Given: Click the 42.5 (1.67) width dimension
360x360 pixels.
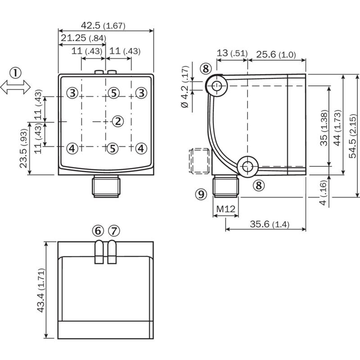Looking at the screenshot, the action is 103,25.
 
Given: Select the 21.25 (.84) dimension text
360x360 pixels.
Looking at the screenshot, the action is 83,38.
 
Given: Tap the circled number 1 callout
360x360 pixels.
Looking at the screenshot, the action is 15,73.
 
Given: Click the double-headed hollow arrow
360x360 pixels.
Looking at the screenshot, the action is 15,87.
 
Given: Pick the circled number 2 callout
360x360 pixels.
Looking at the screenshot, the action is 118,121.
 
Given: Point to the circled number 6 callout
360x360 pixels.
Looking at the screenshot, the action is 98,231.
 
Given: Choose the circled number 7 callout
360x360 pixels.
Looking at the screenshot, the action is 114,231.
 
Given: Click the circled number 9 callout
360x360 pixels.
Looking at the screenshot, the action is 201,194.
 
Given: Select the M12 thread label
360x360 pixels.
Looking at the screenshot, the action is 226,209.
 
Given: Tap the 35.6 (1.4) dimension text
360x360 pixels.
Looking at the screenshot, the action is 270,224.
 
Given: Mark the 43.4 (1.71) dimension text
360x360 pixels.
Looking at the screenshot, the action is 41,290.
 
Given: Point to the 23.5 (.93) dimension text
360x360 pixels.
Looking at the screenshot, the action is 24,148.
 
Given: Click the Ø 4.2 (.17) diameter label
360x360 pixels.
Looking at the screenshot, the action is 185,87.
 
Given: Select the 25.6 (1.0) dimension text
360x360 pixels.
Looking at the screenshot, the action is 276,54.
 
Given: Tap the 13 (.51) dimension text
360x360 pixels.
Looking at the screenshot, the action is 232,53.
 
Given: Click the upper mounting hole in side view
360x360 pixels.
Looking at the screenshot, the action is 216,86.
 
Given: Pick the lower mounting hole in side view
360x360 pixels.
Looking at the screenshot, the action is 247,166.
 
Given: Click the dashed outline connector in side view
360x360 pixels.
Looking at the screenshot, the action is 199,161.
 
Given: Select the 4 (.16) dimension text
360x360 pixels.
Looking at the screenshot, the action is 323,193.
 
